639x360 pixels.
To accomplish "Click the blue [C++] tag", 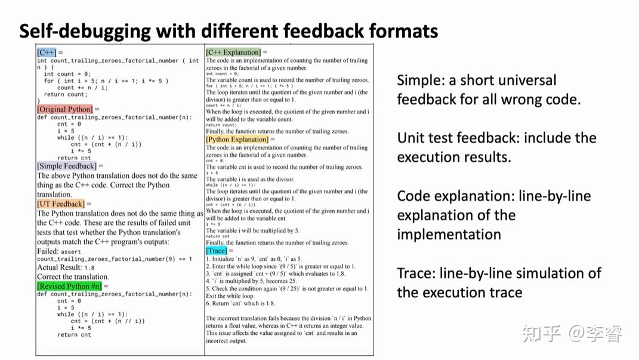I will click(x=46, y=53).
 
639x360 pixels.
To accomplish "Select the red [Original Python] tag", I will click(x=64, y=109).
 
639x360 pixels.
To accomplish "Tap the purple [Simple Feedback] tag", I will click(x=66, y=166).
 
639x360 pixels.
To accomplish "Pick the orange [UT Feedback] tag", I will click(x=60, y=204).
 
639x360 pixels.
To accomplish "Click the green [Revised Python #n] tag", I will click(x=69, y=286).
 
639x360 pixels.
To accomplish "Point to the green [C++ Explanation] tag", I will click(x=233, y=53).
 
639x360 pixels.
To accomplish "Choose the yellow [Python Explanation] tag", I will click(x=237, y=139).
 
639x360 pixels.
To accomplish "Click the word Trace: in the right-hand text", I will click(x=415, y=273).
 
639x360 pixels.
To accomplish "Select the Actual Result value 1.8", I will click(x=89, y=268).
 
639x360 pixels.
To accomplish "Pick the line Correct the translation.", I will click(x=73, y=277).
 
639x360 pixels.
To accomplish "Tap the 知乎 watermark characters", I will click(x=542, y=334).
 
